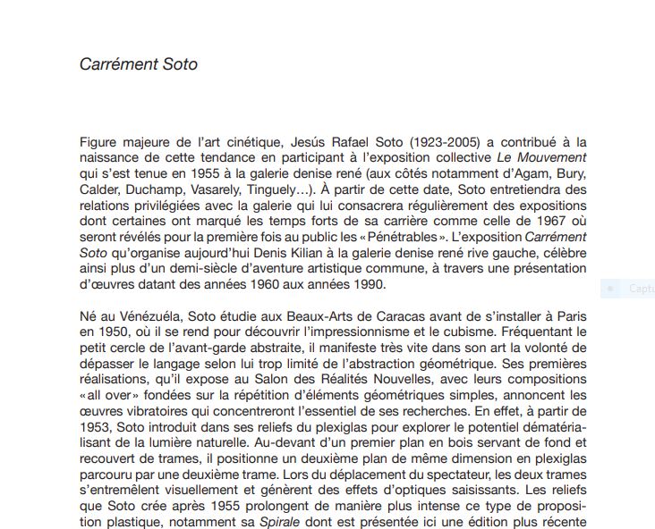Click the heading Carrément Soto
coord(138,64)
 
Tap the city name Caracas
coord(362,316)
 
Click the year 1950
coord(112,332)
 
